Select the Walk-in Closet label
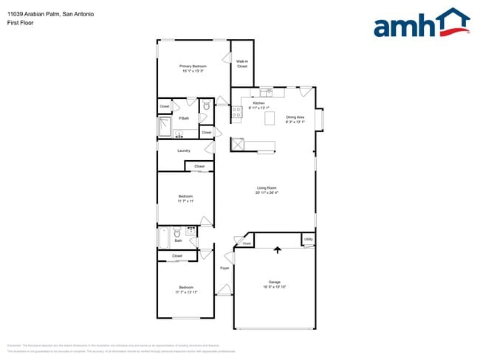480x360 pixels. tap(241, 64)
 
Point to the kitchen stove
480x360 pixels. tap(238, 112)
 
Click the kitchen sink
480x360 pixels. tap(267, 92)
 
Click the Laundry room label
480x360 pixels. tap(184, 150)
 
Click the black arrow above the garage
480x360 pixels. tap(278, 250)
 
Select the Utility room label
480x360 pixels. tap(308, 240)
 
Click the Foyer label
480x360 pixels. tap(224, 268)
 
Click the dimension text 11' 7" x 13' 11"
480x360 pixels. tap(186, 292)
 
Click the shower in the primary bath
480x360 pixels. tap(165, 128)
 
